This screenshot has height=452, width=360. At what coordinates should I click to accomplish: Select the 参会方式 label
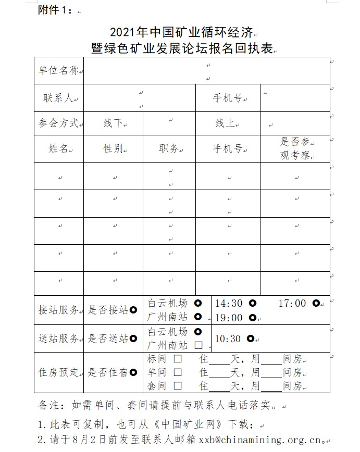pyautogui.click(x=58, y=123)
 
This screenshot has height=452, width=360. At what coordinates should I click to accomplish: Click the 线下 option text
pyautogui.click(x=113, y=123)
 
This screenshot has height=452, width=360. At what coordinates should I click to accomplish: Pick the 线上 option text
pyautogui.click(x=226, y=123)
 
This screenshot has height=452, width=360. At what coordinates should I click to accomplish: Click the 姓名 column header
pyautogui.click(x=58, y=149)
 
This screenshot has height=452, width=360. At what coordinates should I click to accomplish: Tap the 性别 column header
pyautogui.click(x=113, y=149)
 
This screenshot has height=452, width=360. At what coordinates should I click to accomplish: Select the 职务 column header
pyautogui.click(x=168, y=149)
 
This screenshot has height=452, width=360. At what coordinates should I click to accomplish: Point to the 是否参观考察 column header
pyautogui.click(x=295, y=148)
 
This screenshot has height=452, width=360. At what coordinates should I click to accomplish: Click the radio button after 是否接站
pyautogui.click(x=133, y=310)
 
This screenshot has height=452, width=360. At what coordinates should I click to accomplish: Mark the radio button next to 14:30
pyautogui.click(x=252, y=303)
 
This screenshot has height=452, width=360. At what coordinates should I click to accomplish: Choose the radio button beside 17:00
pyautogui.click(x=316, y=303)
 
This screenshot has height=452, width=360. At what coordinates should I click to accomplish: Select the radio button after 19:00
pyautogui.click(x=252, y=318)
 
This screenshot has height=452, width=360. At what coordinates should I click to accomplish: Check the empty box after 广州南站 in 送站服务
pyautogui.click(x=198, y=345)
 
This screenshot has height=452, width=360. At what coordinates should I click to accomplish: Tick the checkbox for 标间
pyautogui.click(x=178, y=359)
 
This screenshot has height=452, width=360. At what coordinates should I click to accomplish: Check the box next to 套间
pyautogui.click(x=178, y=386)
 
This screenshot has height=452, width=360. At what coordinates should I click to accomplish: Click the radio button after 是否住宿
pyautogui.click(x=133, y=372)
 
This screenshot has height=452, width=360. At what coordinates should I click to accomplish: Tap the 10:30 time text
pyautogui.click(x=228, y=339)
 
